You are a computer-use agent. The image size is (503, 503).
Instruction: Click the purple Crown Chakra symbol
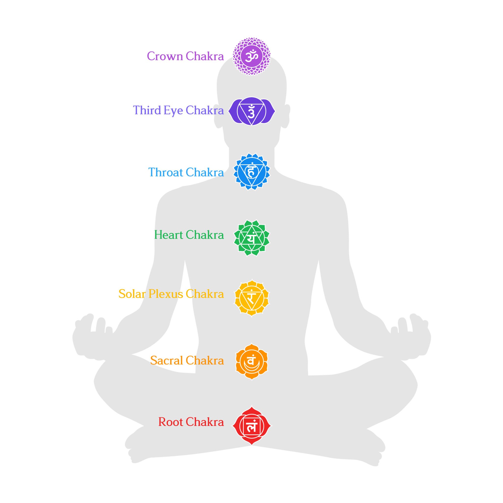pyautogui.click(x=251, y=56)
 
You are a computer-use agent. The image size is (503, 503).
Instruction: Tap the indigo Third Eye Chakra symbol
pyautogui.click(x=251, y=111)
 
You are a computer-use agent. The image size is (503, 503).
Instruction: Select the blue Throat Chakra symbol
pyautogui.click(x=251, y=172)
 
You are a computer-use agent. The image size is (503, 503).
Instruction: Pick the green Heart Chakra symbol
pyautogui.click(x=251, y=238)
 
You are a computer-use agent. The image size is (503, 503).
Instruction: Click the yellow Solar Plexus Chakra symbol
pyautogui.click(x=251, y=298)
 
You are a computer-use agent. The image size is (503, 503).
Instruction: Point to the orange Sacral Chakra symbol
pyautogui.click(x=251, y=361)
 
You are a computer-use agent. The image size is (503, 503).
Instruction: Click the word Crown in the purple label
pyautogui.click(x=165, y=56)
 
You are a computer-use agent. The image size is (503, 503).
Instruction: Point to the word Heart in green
pyautogui.click(x=168, y=235)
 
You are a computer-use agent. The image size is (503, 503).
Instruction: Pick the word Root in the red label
pyautogui.click(x=170, y=422)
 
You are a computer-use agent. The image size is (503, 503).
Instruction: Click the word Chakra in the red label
pyautogui.click(x=205, y=422)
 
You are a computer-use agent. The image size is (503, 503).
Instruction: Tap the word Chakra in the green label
pyautogui.click(x=205, y=235)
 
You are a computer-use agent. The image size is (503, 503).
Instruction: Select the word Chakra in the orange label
pyautogui.click(x=205, y=361)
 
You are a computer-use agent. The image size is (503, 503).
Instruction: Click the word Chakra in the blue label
pyautogui.click(x=205, y=172)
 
